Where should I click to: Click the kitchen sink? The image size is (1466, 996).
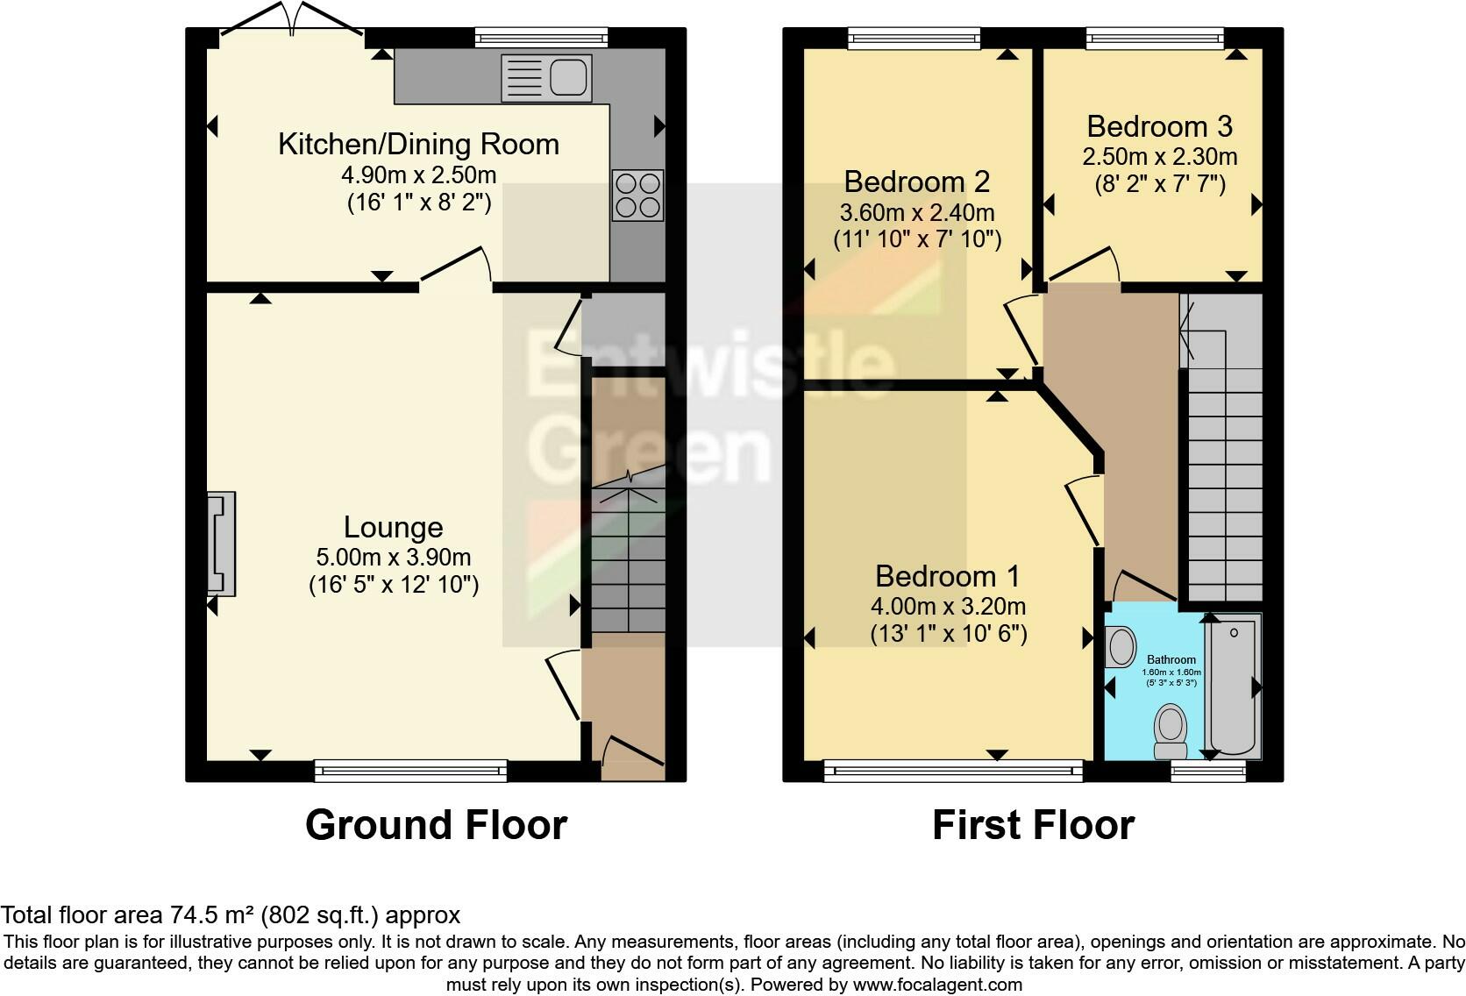pyautogui.click(x=546, y=78)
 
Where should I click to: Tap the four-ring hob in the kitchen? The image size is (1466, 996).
pyautogui.click(x=637, y=195)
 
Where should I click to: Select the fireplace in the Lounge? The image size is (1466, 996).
pyautogui.click(x=221, y=544)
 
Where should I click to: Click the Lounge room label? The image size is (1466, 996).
pyautogui.click(x=394, y=527)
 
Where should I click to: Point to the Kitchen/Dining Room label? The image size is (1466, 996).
pyautogui.click(x=419, y=144)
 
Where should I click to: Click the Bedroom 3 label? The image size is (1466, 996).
pyautogui.click(x=1160, y=126)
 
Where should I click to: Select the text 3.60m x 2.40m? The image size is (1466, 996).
pyautogui.click(x=917, y=213)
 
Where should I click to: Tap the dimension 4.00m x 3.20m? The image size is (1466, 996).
pyautogui.click(x=948, y=607)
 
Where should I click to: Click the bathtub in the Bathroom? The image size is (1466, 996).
pyautogui.click(x=1233, y=686)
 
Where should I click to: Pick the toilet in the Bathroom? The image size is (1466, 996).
pyautogui.click(x=1171, y=731)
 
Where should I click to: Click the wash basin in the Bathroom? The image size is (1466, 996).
pyautogui.click(x=1121, y=646)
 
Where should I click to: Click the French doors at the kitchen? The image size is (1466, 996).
pyautogui.click(x=292, y=19)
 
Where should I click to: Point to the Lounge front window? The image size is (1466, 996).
pyautogui.click(x=411, y=770)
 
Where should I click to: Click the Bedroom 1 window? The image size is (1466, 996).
pyautogui.click(x=954, y=770)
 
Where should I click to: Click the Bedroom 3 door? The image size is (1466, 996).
pyautogui.click(x=1081, y=265)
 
